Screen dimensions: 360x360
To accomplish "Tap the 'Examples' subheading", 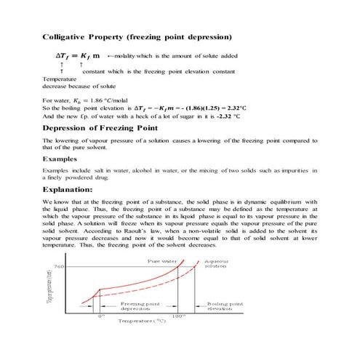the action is [59, 158].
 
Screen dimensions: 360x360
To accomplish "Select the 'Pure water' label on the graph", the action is [163, 260].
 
